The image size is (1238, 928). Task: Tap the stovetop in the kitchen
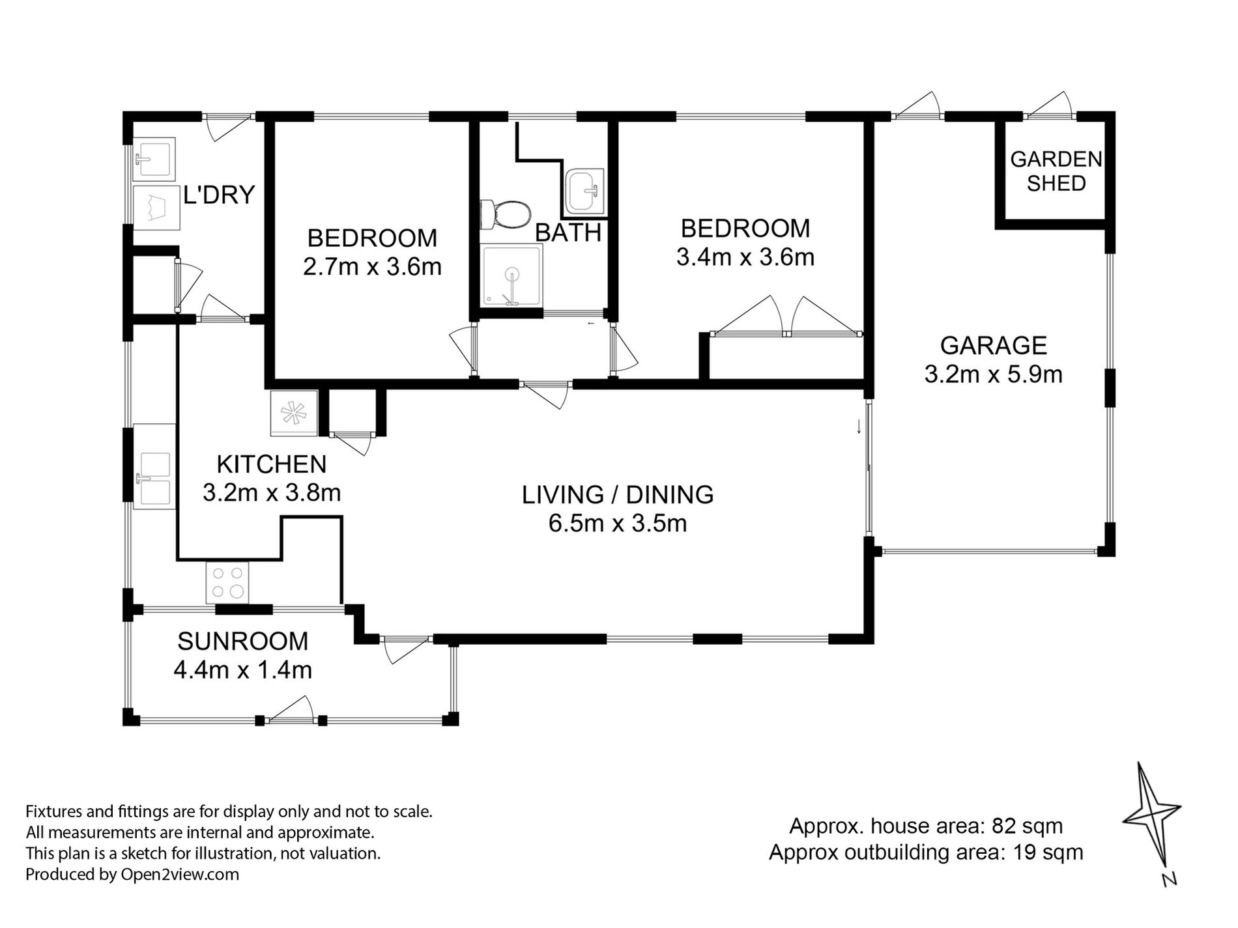tap(227, 583)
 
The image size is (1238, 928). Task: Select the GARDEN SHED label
tap(1056, 171)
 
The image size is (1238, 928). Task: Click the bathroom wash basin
tap(584, 191)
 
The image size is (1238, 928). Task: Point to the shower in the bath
tap(512, 274)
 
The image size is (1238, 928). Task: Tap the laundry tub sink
tap(154, 159)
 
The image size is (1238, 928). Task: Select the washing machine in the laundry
tap(156, 208)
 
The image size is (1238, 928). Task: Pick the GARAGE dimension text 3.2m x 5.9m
tap(994, 374)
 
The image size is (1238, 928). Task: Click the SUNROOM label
tap(242, 641)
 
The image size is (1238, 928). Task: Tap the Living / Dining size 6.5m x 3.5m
tap(618, 523)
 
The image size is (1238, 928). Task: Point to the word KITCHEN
tap(271, 464)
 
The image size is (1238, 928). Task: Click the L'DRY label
tap(218, 195)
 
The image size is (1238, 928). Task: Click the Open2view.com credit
tap(180, 875)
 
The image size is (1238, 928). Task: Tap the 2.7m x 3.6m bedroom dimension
tap(372, 266)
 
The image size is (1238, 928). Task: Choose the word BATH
tap(568, 232)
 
